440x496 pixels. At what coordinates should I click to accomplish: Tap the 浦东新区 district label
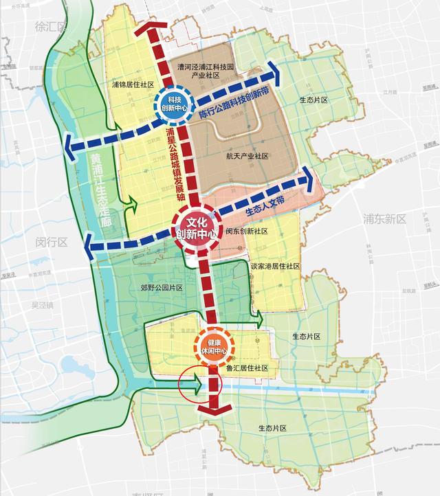coord(385,219)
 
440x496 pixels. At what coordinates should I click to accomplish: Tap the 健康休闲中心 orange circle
coord(213,346)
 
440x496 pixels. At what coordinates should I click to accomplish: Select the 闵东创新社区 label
coord(245,231)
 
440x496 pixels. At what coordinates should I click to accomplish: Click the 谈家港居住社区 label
coord(274,266)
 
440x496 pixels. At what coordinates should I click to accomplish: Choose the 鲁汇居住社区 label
coord(246,368)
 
